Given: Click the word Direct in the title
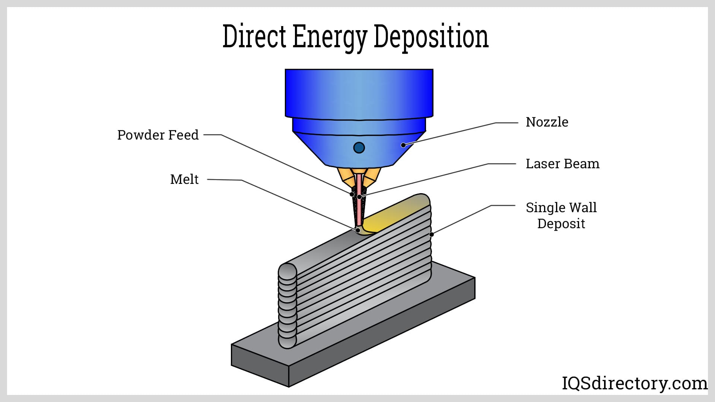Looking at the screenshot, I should point(254,36).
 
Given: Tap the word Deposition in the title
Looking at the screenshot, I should point(431,36).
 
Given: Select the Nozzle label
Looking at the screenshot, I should point(547,122).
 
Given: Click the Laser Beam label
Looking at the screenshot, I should point(562,164).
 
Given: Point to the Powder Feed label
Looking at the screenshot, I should point(158,135).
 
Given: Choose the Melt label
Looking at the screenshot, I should point(184,179).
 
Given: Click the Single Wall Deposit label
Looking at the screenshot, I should point(561,215).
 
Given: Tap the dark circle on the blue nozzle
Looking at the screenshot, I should point(359,148).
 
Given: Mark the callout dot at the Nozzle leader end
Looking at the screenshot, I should point(403,145).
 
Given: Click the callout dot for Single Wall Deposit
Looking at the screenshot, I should point(431,234).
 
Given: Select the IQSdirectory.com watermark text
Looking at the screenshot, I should point(634,383).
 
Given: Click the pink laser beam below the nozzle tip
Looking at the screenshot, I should point(359,208).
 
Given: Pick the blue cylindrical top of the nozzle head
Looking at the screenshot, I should point(359,93).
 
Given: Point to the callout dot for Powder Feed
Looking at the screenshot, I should point(352,194).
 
